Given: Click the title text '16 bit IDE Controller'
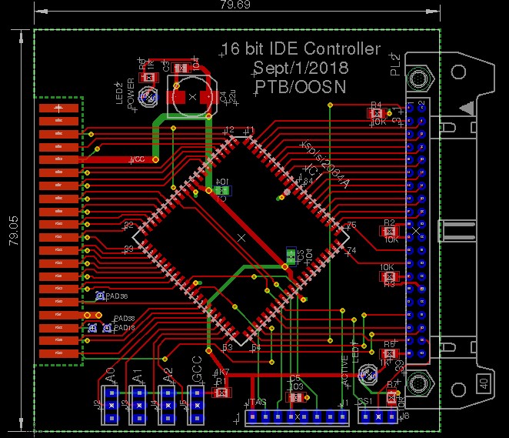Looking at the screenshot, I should click(300, 49).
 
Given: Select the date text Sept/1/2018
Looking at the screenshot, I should click(299, 68).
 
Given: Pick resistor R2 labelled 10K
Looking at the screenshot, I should click(389, 231).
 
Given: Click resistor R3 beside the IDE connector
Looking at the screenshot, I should click(389, 275).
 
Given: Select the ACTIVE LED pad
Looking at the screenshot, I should click(367, 376).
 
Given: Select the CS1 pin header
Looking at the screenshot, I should click(377, 417).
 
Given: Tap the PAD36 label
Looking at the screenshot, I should click(118, 296).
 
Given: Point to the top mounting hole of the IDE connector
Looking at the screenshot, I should click(419, 79).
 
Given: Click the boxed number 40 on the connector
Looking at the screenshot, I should click(484, 383).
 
